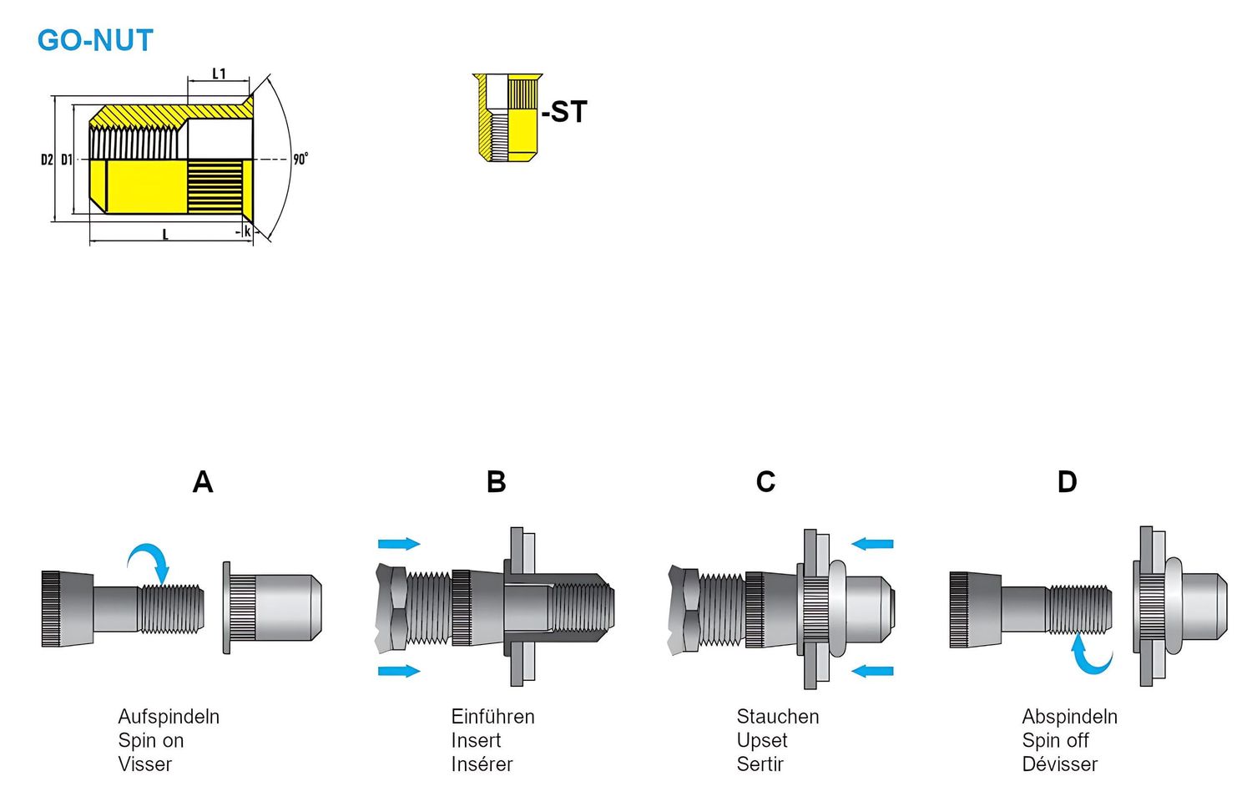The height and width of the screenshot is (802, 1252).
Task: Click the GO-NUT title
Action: click(x=95, y=40)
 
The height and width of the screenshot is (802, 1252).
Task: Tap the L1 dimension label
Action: click(x=219, y=74)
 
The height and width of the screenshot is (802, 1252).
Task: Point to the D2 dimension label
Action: click(x=47, y=159)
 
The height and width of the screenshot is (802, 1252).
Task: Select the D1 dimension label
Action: click(x=67, y=159)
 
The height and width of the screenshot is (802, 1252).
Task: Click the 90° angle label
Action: click(x=300, y=159)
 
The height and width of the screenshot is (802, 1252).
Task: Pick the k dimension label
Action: click(x=247, y=231)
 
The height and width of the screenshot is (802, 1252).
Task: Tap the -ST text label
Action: click(x=565, y=112)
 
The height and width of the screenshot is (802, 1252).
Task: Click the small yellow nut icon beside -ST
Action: click(x=506, y=117)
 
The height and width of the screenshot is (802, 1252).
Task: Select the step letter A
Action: click(x=203, y=482)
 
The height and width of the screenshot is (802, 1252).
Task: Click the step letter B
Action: click(x=496, y=482)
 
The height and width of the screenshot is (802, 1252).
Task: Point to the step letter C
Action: click(x=765, y=482)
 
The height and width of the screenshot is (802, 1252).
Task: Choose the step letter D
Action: click(x=1067, y=482)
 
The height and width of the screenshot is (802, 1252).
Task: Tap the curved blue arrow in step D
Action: click(x=1090, y=656)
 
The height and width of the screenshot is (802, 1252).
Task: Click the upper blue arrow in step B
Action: click(x=398, y=544)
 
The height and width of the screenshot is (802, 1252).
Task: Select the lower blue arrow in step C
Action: click(x=872, y=670)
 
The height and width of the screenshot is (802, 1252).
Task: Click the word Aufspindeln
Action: click(x=169, y=717)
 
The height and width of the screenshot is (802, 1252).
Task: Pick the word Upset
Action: click(x=761, y=740)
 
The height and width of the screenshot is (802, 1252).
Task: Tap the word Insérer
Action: click(x=482, y=764)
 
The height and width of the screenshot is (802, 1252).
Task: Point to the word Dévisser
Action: click(x=1059, y=764)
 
